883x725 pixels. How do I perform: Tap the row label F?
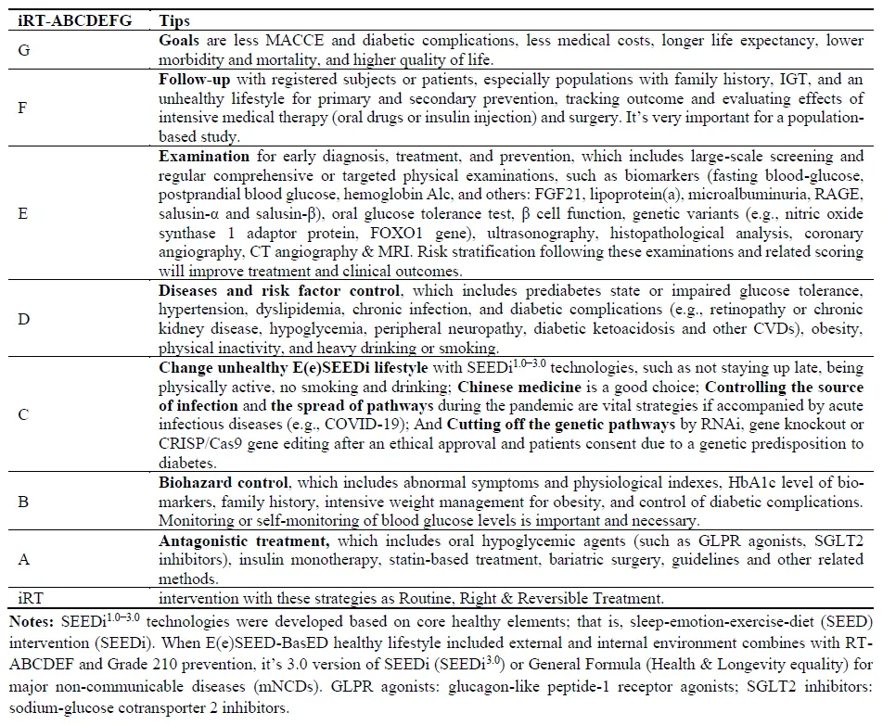coord(23,108)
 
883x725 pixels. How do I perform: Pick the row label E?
coord(23,212)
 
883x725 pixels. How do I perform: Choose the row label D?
coord(24,320)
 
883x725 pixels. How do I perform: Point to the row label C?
coord(24,416)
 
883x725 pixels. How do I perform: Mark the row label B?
coord(23,502)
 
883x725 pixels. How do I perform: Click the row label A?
coord(24,557)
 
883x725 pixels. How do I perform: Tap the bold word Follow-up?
coord(195,80)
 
